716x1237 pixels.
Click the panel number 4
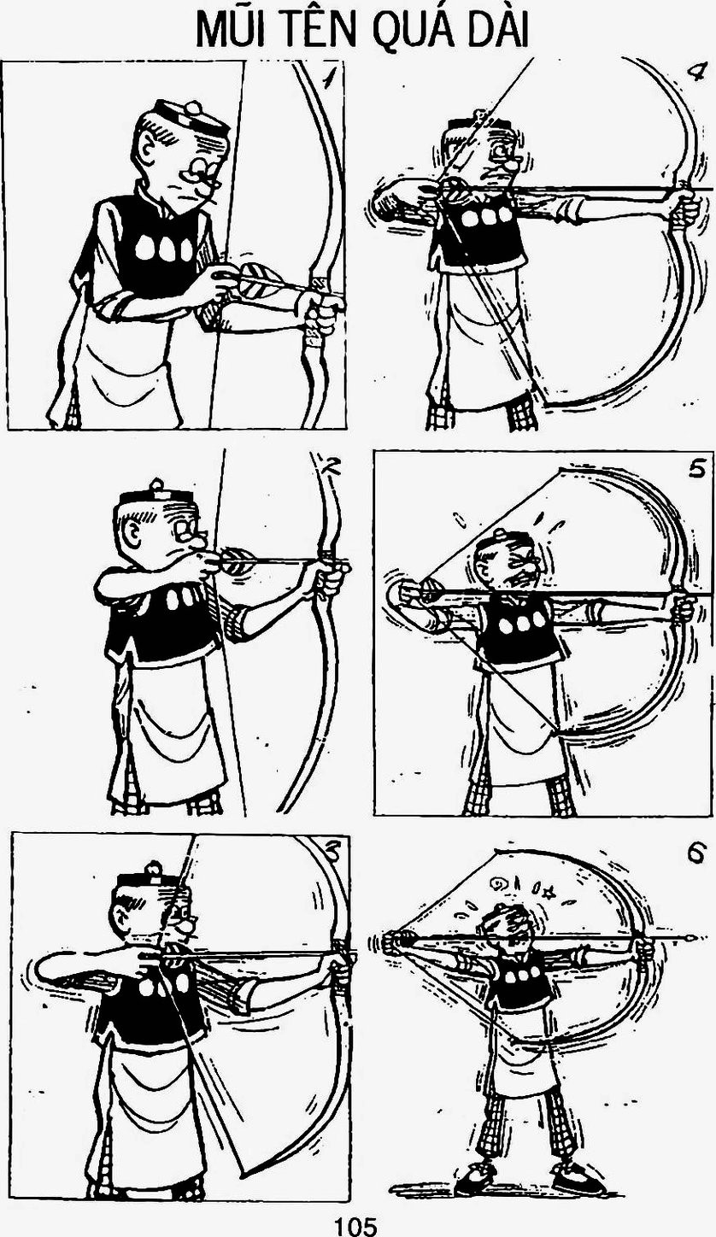pyautogui.click(x=694, y=71)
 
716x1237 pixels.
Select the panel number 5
pyautogui.click(x=696, y=469)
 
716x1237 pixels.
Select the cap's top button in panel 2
pyautogui.click(x=157, y=484)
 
